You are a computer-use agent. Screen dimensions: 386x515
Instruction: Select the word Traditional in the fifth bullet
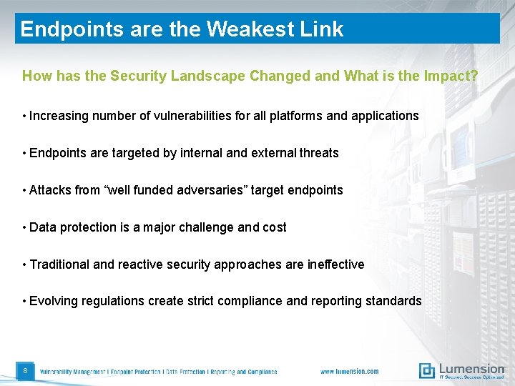[x=60, y=264]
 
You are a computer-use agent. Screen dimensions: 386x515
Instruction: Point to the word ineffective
[x=335, y=264]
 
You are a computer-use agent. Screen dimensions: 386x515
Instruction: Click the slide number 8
[x=25, y=371]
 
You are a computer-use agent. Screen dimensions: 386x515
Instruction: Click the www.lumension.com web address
[x=349, y=372]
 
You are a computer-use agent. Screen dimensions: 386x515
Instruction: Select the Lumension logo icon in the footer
[x=426, y=370]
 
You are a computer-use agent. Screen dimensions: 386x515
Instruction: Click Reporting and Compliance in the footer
[x=243, y=372]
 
